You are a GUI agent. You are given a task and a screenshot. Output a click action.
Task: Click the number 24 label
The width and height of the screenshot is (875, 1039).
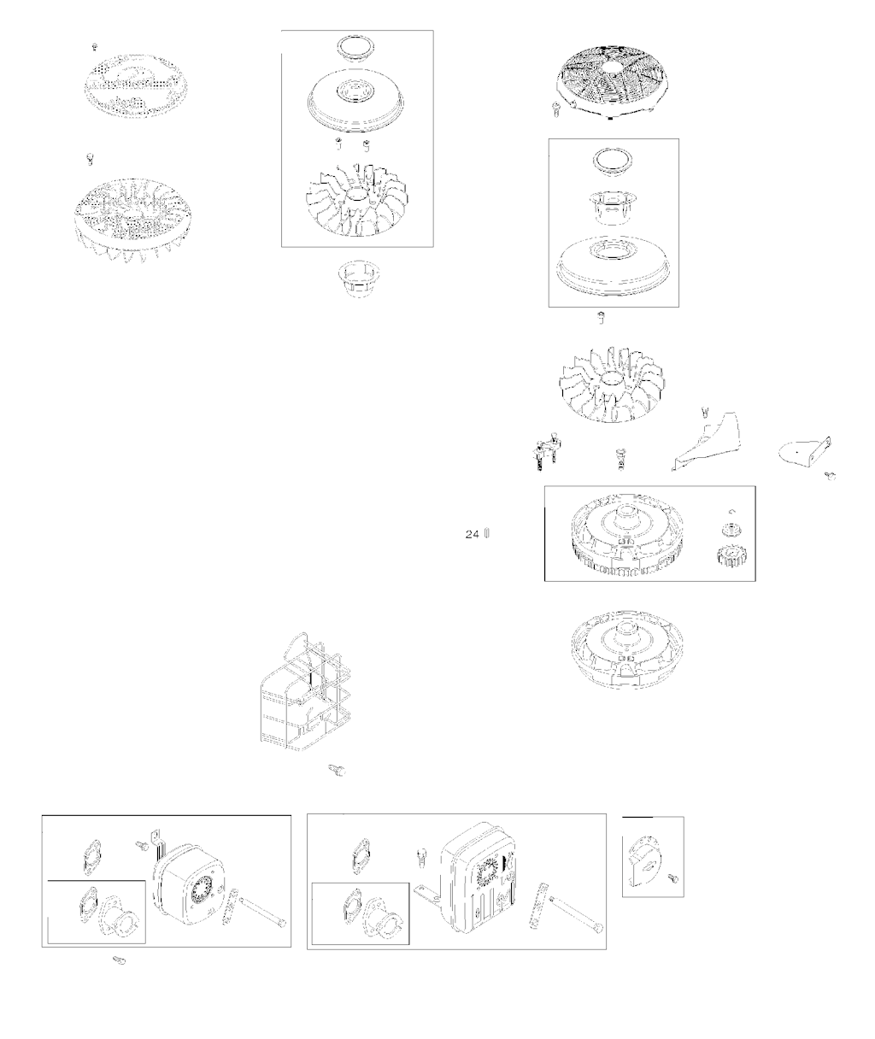472,534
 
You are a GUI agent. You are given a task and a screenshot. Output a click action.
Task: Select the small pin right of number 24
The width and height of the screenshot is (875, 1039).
487,533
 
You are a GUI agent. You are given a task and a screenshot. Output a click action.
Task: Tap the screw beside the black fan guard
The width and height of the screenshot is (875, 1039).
556,109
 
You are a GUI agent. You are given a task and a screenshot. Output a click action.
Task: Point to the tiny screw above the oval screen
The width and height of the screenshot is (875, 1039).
95,47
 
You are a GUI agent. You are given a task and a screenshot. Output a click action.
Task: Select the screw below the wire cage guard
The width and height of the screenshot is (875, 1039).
337,771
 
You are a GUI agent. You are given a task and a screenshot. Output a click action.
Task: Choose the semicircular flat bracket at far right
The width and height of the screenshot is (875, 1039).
804,452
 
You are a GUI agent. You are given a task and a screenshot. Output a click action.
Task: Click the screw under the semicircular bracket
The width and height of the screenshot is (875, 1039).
830,476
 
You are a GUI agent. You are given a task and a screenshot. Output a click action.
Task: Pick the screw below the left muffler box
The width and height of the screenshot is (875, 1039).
119,960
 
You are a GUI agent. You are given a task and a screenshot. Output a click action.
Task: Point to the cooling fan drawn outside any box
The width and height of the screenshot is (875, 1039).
611,384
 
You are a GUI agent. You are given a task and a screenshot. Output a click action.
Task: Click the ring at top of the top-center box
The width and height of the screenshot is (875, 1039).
356,49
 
